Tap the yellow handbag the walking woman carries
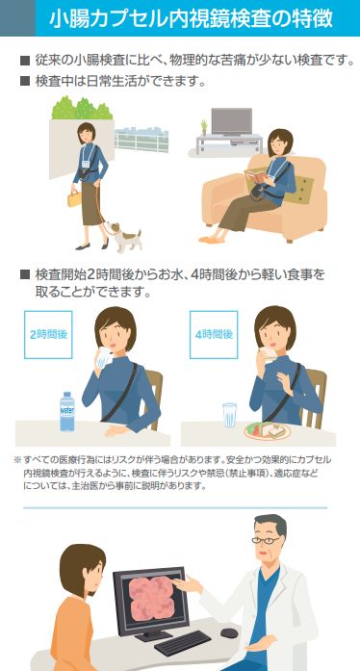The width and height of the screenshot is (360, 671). point(74,198)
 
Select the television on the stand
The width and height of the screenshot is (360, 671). point(232,122)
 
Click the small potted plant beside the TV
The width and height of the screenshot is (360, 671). point(204,128)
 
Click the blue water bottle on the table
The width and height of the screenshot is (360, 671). point(66,411)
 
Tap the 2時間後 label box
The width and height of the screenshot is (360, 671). point(48,335)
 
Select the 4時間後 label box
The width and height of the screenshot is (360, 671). point(214,335)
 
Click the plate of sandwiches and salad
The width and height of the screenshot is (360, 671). point(267,430)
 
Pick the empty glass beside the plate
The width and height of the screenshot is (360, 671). point(229,415)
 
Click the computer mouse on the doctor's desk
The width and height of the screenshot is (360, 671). point(229,632)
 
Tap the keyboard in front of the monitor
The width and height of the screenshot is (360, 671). point(183,643)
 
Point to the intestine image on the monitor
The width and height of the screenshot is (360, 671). point(151,598)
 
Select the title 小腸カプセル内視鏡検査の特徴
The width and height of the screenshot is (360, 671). point(191,19)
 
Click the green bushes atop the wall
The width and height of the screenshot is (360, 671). point(82,108)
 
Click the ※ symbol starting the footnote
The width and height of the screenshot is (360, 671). point(17,460)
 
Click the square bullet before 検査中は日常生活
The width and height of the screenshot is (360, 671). point(25,82)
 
